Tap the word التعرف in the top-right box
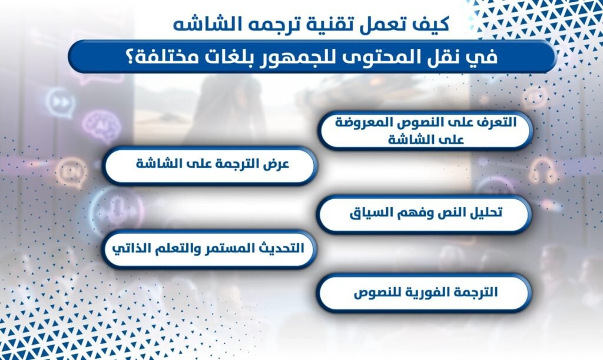tap(492, 124)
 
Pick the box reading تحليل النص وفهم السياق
tap(425, 213)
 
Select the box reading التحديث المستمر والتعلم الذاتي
tap(210, 249)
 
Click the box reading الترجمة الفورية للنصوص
tap(425, 292)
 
